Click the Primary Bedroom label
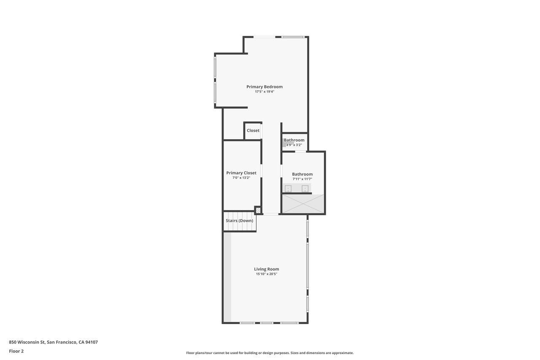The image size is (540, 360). point(265,87)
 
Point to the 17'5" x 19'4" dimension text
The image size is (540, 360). point(265,92)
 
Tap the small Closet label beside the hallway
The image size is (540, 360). point(253,130)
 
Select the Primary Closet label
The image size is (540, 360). point(241,173)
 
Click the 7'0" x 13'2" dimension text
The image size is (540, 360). point(241,178)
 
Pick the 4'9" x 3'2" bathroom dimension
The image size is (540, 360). point(294,145)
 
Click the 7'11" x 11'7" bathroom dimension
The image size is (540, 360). point(302,179)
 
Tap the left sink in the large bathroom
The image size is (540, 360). point(288,188)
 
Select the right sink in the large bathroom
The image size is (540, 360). point(305,188)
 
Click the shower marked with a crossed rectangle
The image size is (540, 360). point(303,204)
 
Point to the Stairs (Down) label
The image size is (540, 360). point(239,221)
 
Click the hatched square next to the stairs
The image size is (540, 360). point(258,209)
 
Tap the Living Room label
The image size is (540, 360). point(266,269)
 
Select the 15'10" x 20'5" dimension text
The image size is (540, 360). point(266,274)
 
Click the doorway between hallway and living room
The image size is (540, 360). point(271,214)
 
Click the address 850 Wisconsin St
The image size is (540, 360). point(53,342)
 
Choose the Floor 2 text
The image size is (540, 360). point(16,351)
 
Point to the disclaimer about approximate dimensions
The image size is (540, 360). point(270,353)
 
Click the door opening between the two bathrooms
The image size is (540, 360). point(300,151)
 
